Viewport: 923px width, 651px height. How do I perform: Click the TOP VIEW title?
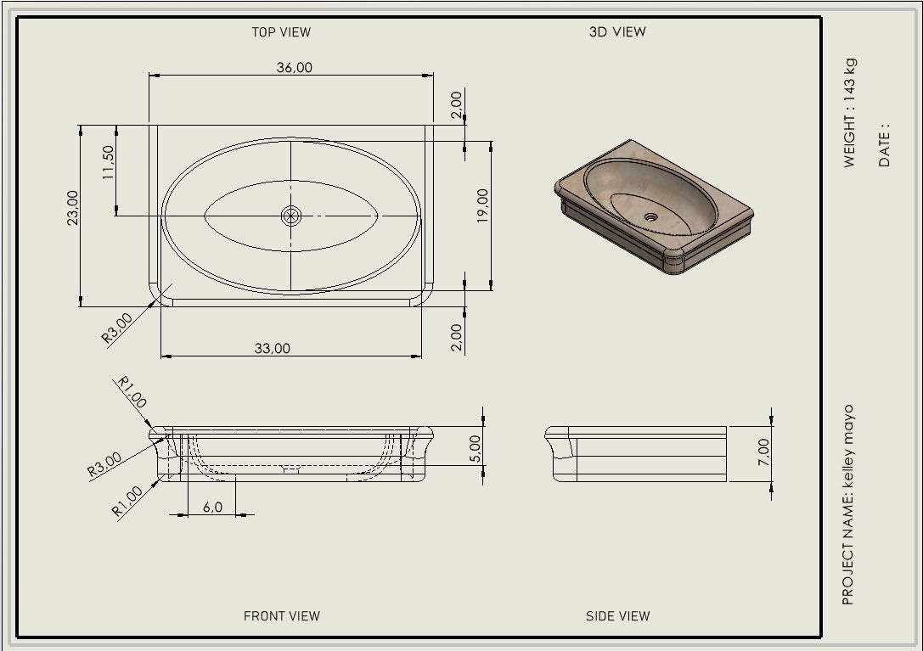click(281, 32)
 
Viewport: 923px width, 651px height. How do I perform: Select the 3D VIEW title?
click(617, 31)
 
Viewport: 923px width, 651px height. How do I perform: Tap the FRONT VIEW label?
click(281, 615)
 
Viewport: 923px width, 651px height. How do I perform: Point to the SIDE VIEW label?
click(617, 615)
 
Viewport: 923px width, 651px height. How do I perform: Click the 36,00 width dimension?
click(295, 67)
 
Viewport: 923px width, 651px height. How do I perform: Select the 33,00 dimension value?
click(272, 348)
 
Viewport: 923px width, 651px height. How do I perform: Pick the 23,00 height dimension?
click(72, 207)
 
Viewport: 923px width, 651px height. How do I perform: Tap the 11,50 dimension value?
click(109, 162)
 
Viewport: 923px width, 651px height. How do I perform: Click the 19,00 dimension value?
click(482, 205)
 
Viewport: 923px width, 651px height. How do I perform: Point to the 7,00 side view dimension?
click(763, 452)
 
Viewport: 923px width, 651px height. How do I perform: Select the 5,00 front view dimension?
click(476, 449)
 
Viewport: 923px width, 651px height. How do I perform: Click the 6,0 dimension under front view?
click(212, 507)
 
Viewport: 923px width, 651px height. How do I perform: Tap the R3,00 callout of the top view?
click(117, 328)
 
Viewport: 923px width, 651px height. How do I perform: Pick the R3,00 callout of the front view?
click(104, 464)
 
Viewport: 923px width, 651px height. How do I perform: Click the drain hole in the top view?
click(290, 216)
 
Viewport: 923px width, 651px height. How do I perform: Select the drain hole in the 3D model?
click(650, 216)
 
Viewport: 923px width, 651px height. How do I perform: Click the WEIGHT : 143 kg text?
click(849, 113)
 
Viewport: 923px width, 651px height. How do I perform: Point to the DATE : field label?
click(884, 145)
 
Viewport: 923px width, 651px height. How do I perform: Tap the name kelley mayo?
click(847, 446)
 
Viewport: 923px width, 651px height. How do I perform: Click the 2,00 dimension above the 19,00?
click(456, 104)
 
